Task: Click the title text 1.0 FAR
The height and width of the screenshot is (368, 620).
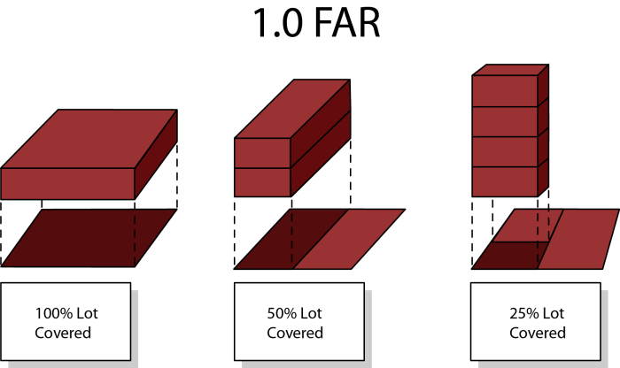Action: pos(316,24)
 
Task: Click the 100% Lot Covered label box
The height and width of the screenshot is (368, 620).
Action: pos(65,322)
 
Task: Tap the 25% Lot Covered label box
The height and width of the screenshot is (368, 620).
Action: pos(537,322)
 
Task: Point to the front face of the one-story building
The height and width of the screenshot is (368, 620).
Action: pos(66,183)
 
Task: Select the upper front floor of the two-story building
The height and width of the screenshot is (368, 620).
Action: pos(262,152)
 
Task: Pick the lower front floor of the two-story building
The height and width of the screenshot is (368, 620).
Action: pos(262,182)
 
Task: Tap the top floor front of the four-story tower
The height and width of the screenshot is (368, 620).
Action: pos(504,91)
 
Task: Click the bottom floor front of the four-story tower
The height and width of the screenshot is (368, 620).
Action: pos(504,181)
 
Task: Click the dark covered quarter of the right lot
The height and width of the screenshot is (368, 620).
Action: pos(509,255)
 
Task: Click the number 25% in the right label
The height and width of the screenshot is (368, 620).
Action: pos(526,313)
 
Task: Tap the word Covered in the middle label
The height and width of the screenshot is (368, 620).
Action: pos(295,333)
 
